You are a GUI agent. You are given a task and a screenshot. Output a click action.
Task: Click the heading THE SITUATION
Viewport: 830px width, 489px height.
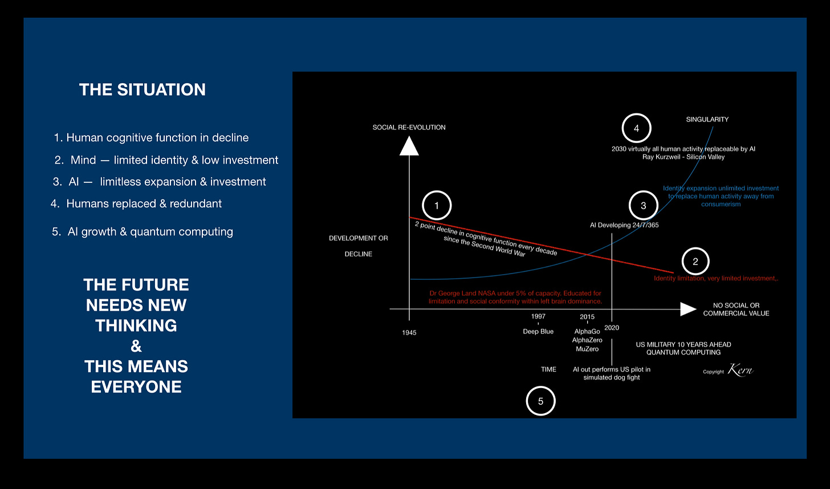tap(143, 89)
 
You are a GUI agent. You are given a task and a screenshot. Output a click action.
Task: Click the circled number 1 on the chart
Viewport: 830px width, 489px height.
tap(437, 206)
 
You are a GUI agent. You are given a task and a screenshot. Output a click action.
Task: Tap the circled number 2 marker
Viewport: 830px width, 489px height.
tap(695, 262)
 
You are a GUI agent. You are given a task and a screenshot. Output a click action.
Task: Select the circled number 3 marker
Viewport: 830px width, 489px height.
tap(644, 206)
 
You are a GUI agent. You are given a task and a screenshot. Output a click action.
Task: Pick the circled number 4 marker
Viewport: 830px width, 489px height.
tap(636, 128)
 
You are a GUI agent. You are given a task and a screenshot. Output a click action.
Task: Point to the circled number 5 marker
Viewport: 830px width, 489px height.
tap(540, 401)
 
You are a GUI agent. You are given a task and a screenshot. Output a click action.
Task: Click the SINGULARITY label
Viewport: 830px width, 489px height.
tap(707, 120)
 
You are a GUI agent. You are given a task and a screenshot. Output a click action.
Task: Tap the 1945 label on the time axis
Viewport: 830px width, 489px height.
tap(409, 333)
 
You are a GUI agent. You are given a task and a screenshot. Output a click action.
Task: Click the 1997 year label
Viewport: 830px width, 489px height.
tap(538, 317)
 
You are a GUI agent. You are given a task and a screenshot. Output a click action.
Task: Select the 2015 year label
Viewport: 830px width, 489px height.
tap(587, 317)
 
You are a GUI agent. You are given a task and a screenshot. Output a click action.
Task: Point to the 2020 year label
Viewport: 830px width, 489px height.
tap(612, 328)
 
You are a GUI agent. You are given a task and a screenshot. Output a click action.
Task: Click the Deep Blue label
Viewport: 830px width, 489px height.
tap(538, 332)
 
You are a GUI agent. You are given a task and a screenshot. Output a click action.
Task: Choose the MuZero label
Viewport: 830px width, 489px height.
tap(587, 349)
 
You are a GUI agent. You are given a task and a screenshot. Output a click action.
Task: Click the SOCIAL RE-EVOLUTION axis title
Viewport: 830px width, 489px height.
tap(409, 127)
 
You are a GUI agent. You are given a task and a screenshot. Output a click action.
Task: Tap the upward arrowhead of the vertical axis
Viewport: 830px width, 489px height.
tap(409, 146)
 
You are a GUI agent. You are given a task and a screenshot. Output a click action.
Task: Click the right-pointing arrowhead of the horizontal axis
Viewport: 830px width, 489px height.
tap(689, 309)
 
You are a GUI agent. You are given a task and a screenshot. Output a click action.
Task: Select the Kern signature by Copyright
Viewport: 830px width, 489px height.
tap(741, 370)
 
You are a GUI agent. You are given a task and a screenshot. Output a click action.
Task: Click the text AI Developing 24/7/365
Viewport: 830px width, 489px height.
tap(624, 225)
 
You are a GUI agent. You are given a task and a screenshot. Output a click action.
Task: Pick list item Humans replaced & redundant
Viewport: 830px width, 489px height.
tap(144, 203)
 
